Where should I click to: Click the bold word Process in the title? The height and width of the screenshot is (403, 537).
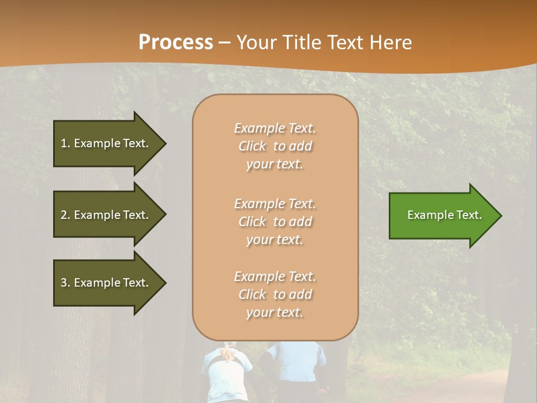(176, 43)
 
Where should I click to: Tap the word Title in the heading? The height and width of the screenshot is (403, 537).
(301, 43)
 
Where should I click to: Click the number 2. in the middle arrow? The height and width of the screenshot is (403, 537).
(65, 215)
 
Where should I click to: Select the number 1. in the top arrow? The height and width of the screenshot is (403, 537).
(65, 143)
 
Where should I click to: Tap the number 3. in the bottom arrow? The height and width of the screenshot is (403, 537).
(65, 283)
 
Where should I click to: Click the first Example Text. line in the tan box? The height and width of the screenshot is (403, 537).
(275, 128)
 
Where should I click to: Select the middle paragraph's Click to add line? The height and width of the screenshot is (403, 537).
(275, 222)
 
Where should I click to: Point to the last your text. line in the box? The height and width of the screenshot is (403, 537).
(275, 312)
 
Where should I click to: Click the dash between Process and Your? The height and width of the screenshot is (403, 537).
(224, 43)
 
